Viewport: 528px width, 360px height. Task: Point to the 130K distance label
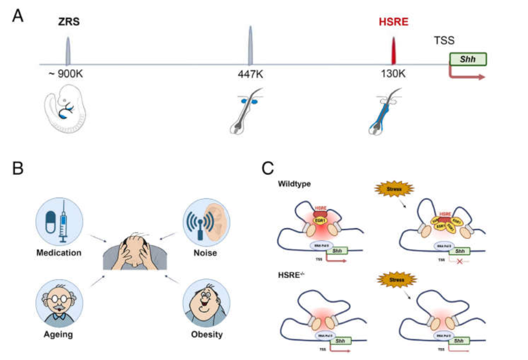click(x=394, y=74)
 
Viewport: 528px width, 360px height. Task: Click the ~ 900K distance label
click(x=66, y=74)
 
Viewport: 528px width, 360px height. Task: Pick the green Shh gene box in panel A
click(x=468, y=59)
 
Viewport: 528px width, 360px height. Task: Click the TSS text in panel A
click(x=444, y=41)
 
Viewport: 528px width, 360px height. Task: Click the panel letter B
click(x=18, y=169)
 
